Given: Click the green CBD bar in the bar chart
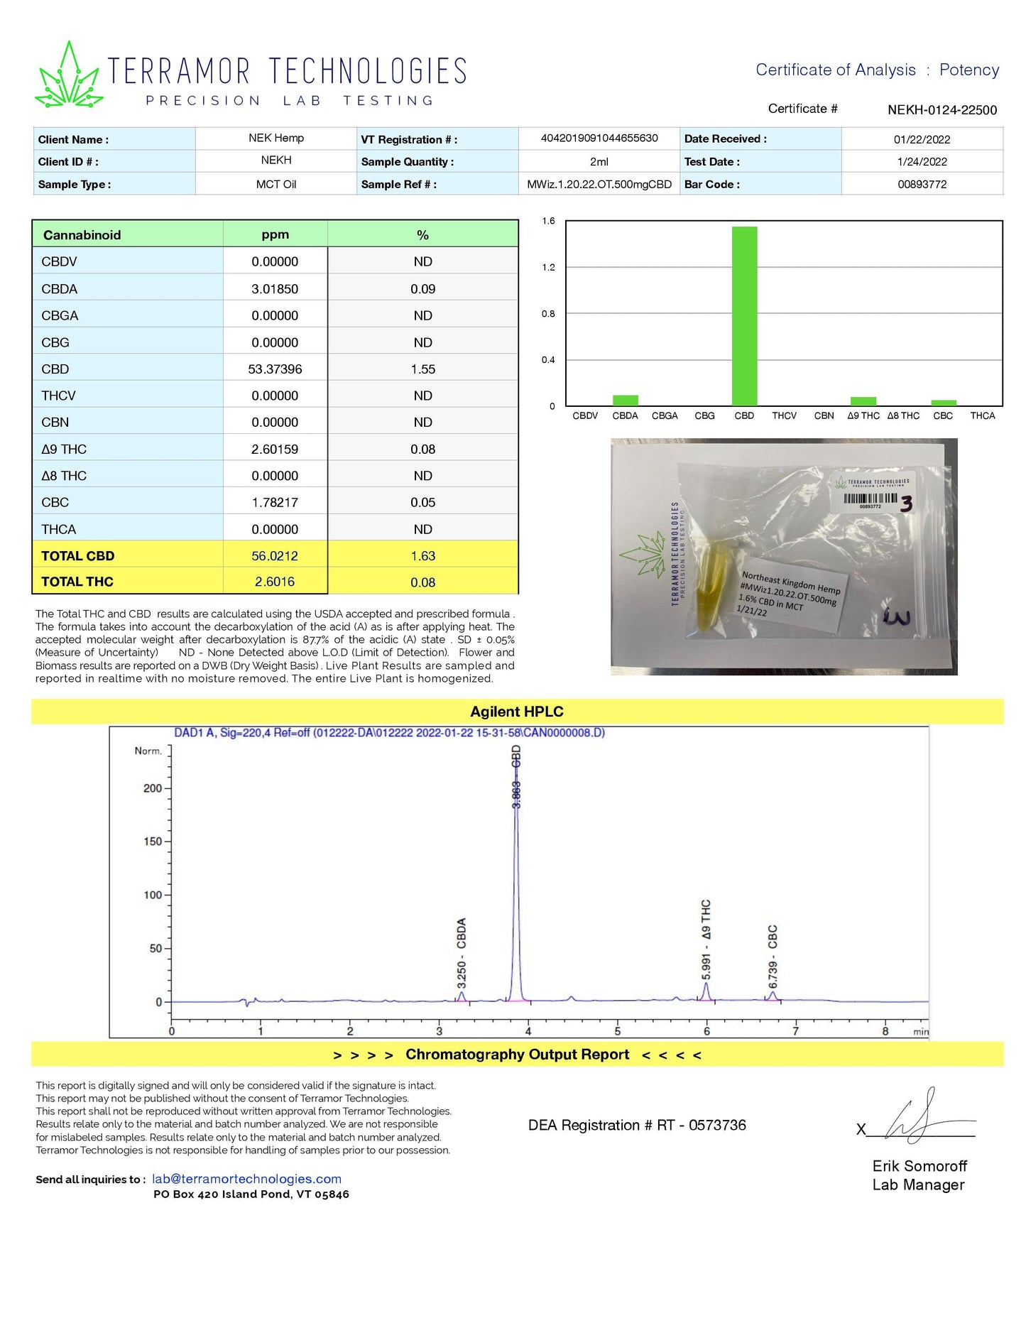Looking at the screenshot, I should (744, 316).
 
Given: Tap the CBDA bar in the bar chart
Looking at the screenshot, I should (625, 401).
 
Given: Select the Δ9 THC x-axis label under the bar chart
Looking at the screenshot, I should (863, 415).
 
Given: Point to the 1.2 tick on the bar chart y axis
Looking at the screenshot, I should (548, 267).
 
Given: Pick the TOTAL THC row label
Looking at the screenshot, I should (77, 582).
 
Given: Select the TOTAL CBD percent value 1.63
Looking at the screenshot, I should (422, 556).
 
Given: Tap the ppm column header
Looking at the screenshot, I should (275, 234).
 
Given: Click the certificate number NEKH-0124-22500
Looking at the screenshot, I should (942, 110).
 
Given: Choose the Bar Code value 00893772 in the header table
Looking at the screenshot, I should (922, 184).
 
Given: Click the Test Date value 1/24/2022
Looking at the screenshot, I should (922, 161).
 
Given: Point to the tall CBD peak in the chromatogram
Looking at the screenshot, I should (516, 888).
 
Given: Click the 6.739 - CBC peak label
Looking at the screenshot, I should (773, 956).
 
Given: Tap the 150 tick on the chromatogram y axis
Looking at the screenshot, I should (153, 842).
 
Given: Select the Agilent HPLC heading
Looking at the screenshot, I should (516, 712).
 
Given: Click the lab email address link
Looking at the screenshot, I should (246, 1179).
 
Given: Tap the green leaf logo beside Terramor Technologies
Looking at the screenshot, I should (69, 77).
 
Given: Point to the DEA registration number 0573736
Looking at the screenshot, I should (717, 1125).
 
